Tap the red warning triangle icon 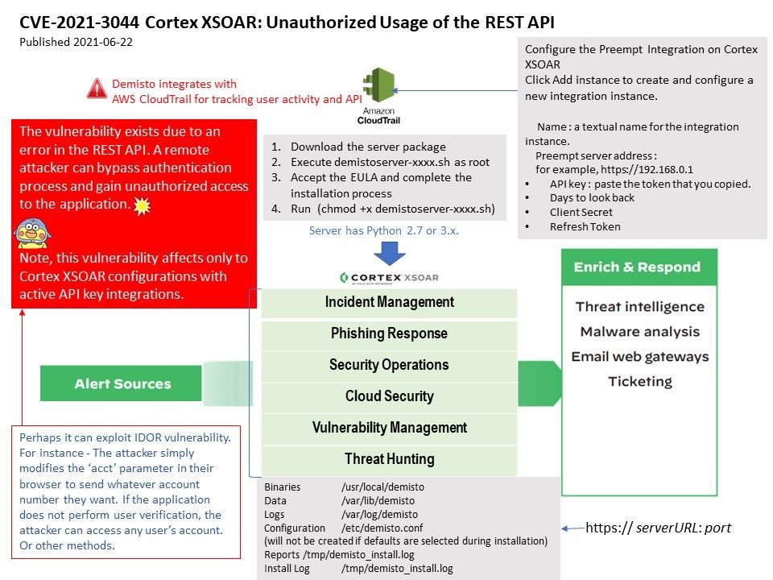(x=97, y=88)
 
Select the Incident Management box (x=389, y=303)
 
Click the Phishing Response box (x=389, y=334)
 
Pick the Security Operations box (x=389, y=366)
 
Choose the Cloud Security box (x=389, y=397)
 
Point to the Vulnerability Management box (x=389, y=429)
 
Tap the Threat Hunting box (x=389, y=460)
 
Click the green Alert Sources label (x=122, y=383)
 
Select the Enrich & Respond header (x=637, y=267)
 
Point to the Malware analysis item (x=639, y=332)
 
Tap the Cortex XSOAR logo (x=389, y=278)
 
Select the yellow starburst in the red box (x=142, y=206)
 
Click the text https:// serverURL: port (x=658, y=528)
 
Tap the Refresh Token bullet (x=585, y=226)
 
